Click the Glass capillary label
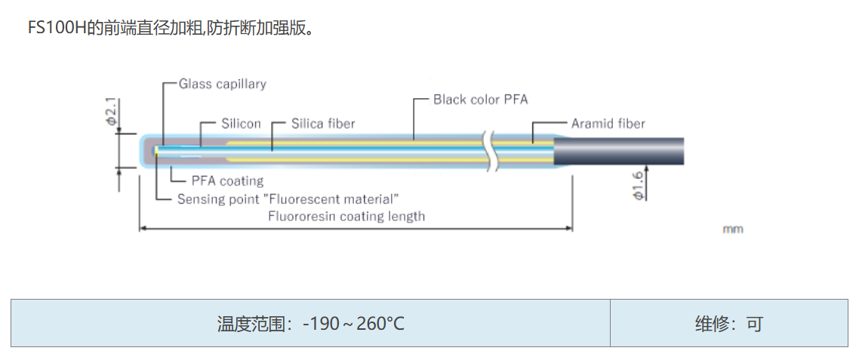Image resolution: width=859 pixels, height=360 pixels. pos(222,84)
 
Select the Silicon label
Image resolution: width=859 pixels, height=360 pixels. pos(241,124)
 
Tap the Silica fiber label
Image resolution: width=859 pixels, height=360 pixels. pos(323,124)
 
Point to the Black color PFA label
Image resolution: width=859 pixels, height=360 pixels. pos(480,100)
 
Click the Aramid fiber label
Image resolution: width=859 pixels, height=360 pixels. pos(608,124)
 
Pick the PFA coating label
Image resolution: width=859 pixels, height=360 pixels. pos(227,181)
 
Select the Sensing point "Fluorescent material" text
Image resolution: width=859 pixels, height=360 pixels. pos(288,199)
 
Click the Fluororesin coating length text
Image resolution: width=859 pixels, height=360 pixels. pos(346,217)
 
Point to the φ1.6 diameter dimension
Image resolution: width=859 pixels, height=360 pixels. pos(638,186)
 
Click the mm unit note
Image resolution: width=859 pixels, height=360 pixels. pos(732,229)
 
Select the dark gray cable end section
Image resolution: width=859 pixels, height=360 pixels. pos(619,151)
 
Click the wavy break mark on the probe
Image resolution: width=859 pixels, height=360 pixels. pos(492,150)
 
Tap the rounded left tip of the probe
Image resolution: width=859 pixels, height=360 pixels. pos(146,151)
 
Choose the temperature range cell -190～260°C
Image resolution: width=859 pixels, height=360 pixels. pos(310,324)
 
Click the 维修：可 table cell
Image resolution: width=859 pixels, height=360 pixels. pos(728,324)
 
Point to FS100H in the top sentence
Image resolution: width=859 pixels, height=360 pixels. pos(54,29)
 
